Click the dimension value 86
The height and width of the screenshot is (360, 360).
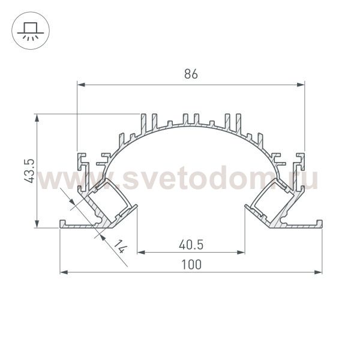pyautogui.click(x=191, y=74)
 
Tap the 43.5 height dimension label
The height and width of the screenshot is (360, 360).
pyautogui.click(x=29, y=171)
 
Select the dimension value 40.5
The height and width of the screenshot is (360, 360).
pyautogui.click(x=191, y=245)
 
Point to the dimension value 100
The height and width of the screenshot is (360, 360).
pyautogui.click(x=191, y=264)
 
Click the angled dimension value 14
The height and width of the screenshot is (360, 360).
pyautogui.click(x=121, y=247)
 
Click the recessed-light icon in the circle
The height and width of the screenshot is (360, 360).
pyautogui.click(x=31, y=31)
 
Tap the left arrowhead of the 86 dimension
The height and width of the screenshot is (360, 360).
pyautogui.click(x=81, y=85)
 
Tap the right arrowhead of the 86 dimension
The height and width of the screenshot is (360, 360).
pyautogui.click(x=301, y=85)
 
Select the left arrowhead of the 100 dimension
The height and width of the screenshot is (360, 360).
pyautogui.click(x=64, y=272)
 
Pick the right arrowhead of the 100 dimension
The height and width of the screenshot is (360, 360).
pyautogui.click(x=318, y=272)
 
